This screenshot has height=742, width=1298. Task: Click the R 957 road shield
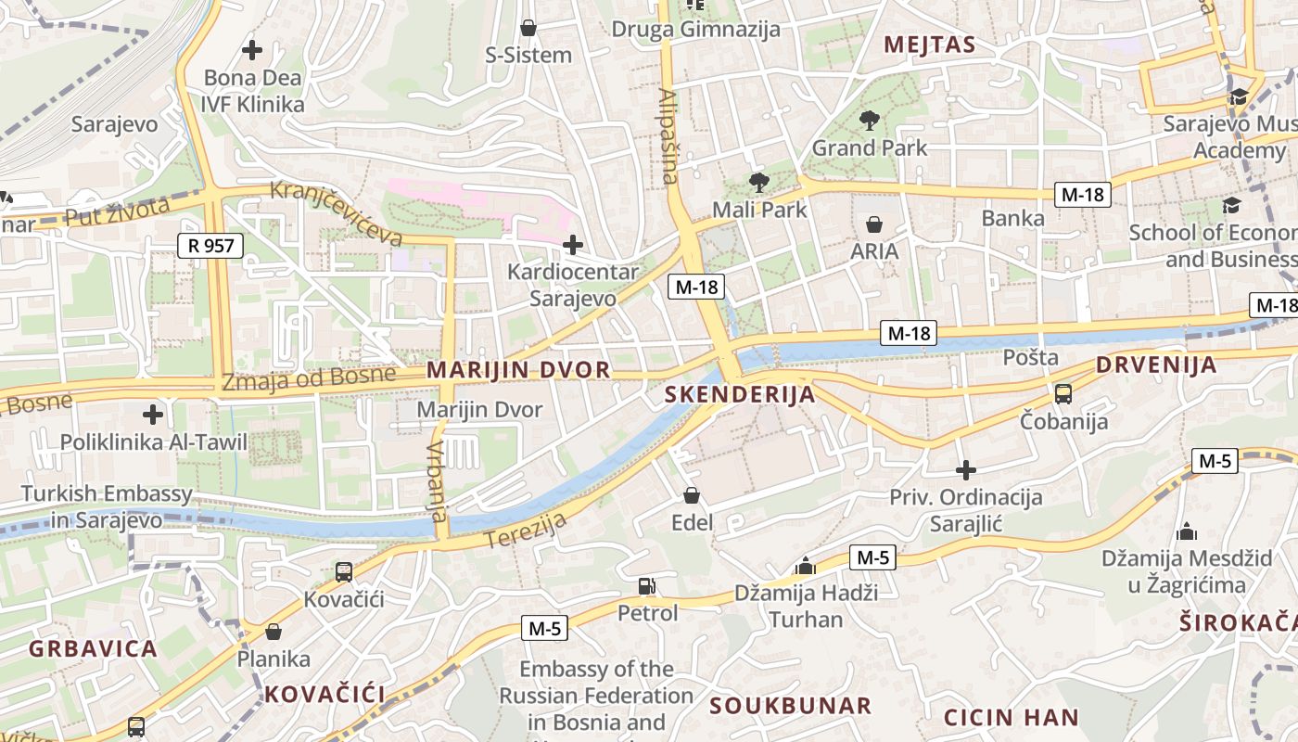pyautogui.click(x=210, y=246)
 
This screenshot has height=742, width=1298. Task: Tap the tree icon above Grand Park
pyautogui.click(x=869, y=120)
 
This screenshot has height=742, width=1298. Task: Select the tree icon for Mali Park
pyautogui.click(x=758, y=182)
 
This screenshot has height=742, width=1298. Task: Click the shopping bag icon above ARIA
pyautogui.click(x=873, y=224)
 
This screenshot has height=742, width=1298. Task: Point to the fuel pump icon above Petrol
pyautogui.click(x=646, y=585)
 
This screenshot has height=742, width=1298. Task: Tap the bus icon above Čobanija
pyautogui.click(x=1063, y=394)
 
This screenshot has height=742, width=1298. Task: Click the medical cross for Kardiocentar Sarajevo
pyautogui.click(x=573, y=245)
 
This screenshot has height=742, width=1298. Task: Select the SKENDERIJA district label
pyautogui.click(x=740, y=395)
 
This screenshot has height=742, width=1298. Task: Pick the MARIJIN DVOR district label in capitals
pyautogui.click(x=504, y=370)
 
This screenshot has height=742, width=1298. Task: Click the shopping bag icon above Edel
pyautogui.click(x=691, y=496)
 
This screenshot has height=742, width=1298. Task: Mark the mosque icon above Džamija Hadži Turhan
pyautogui.click(x=806, y=566)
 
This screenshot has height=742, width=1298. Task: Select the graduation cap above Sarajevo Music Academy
pyautogui.click(x=1238, y=96)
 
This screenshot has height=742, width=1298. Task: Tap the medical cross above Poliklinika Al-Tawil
pyautogui.click(x=153, y=415)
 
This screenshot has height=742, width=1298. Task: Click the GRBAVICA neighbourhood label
pyautogui.click(x=93, y=648)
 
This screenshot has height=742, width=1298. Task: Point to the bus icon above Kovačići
pyautogui.click(x=343, y=572)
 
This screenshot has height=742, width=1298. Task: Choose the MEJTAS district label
pyautogui.click(x=929, y=45)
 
